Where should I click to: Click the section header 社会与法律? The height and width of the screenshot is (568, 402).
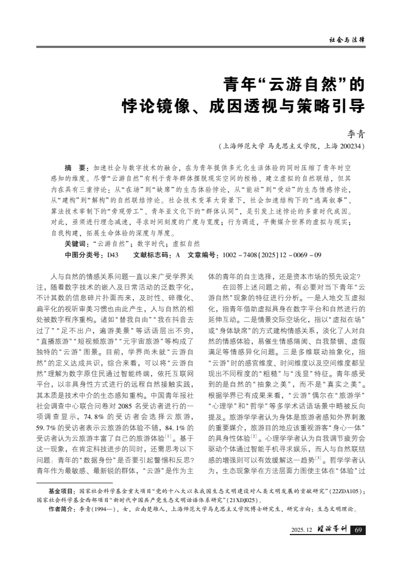pyautogui.click(x=347, y=40)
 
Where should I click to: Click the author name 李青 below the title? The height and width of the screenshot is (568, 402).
pyautogui.click(x=356, y=134)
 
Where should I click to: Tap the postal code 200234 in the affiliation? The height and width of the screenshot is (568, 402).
pyautogui.click(x=350, y=147)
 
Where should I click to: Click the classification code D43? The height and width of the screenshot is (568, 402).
pyautogui.click(x=113, y=254)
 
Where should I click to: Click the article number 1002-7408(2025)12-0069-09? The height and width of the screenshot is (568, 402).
pyautogui.click(x=271, y=254)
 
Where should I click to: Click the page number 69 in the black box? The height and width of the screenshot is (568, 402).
pyautogui.click(x=358, y=530)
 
